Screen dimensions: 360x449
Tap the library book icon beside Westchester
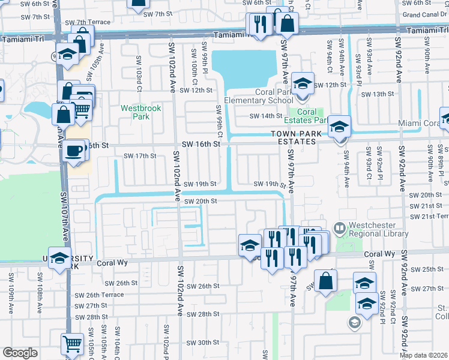tap(339, 228)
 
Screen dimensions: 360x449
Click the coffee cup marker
tap(74, 150)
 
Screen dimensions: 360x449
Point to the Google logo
tap(19, 353)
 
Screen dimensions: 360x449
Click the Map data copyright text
tap(423, 355)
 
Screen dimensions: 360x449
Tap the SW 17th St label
tap(139, 156)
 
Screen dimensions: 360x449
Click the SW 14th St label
tap(266, 116)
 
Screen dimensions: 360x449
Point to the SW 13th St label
tap(378, 94)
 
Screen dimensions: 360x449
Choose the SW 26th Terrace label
tap(99, 295)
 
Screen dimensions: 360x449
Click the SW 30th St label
tap(202, 343)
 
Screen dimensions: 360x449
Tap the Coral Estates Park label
tap(307, 116)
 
